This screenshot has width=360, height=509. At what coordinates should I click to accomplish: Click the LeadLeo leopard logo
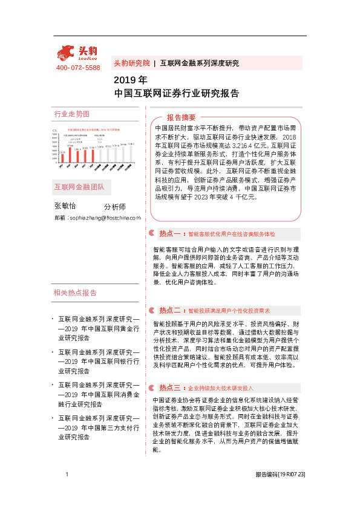(77, 53)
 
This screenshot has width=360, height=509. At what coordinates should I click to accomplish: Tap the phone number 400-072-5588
(77, 68)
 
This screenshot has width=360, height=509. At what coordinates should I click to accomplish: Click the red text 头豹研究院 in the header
(131, 63)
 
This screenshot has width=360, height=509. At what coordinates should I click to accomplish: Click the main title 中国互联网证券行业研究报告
(176, 94)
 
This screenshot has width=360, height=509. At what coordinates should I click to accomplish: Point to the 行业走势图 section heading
(71, 114)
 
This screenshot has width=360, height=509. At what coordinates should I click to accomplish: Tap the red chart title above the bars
(93, 129)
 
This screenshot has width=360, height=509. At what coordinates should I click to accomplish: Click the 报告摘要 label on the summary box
(182, 117)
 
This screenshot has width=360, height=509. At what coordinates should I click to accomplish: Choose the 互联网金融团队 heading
(79, 187)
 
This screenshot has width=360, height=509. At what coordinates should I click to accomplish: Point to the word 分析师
(115, 206)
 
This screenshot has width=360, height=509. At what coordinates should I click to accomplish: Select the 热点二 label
(170, 311)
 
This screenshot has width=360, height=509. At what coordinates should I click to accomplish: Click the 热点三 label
(170, 371)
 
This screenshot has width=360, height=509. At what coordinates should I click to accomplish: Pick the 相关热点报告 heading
(75, 293)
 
